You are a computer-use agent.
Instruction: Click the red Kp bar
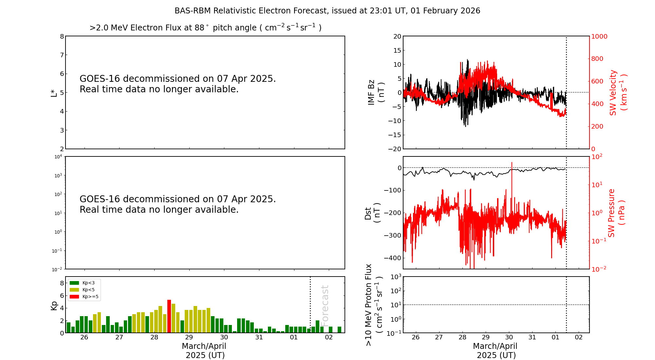click(169, 316)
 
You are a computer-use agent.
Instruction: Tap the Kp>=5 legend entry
click(84, 297)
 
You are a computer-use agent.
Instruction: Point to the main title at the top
click(327, 11)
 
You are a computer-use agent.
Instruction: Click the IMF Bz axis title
click(376, 92)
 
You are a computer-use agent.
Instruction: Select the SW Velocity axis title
click(618, 93)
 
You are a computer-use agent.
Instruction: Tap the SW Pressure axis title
click(616, 213)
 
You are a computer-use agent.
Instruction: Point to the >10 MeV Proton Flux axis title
click(374, 305)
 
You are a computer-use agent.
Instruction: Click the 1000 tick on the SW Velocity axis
click(599, 36)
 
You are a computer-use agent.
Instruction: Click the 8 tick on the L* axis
click(62, 36)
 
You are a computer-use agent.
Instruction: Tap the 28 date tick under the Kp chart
click(154, 337)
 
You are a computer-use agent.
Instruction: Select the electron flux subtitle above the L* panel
click(205, 28)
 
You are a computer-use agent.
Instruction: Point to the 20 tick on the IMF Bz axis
click(397, 36)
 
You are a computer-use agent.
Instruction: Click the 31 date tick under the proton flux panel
click(532, 337)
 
